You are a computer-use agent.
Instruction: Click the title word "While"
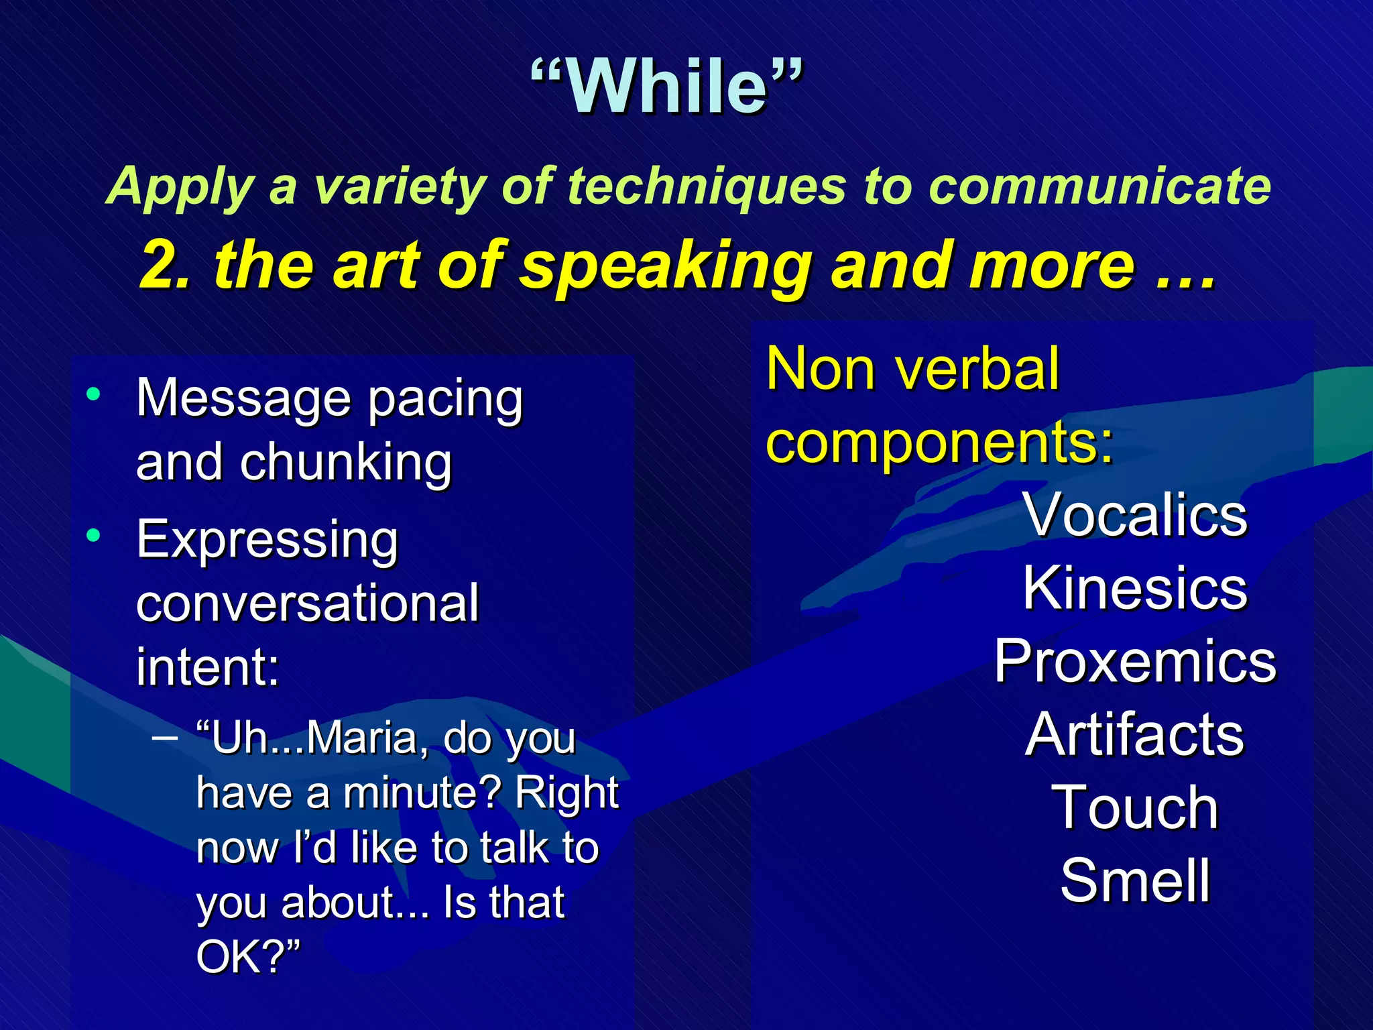pos(667,87)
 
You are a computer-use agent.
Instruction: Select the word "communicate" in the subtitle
pos(1099,186)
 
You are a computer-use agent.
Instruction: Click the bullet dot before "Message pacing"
pos(94,394)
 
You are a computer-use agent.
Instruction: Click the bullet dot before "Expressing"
pos(94,535)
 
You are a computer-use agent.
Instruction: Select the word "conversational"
pos(308,602)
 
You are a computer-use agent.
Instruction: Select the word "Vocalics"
pos(1134,515)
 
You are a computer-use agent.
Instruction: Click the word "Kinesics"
pos(1134,588)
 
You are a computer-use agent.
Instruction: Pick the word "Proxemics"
pos(1134,661)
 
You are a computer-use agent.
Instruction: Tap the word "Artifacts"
pos(1134,735)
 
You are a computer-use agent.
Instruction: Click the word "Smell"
pos(1134,880)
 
